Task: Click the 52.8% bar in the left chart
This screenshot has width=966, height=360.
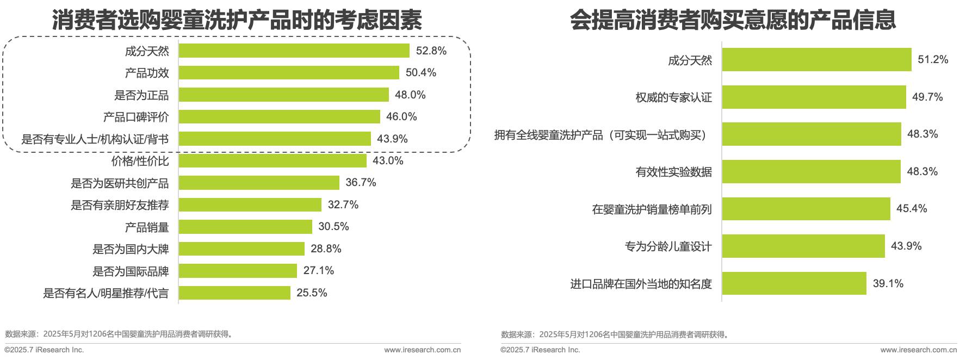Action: pos(294,51)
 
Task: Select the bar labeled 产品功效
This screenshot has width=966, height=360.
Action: pos(289,73)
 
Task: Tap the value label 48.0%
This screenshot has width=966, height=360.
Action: pos(410,95)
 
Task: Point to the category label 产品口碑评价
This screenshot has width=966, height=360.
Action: pos(136,117)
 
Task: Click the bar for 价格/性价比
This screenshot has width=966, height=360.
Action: pos(273,161)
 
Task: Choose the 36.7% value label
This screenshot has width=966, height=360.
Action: pos(361,183)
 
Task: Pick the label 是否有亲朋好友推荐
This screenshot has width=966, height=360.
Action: pos(120,205)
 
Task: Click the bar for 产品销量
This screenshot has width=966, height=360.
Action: pos(245,227)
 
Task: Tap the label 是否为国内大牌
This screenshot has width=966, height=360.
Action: pos(131,249)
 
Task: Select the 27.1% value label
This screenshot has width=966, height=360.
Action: pos(318,271)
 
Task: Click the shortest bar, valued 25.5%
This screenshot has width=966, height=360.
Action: pos(234,293)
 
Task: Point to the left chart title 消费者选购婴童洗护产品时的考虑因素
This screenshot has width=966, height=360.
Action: pos(237,21)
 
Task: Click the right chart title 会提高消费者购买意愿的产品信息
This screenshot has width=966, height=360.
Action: pos(733,21)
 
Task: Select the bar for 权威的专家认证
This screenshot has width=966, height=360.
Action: pos(814,97)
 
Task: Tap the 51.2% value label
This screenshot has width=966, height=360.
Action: pos(933,60)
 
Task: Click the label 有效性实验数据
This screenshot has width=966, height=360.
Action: pos(673,172)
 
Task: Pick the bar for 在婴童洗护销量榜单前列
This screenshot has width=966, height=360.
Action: pos(806,209)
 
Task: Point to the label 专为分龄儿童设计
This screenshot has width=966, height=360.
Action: pos(668,246)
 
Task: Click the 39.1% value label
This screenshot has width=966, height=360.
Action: pos(888,284)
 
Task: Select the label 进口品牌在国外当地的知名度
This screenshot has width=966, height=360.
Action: pos(641,284)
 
